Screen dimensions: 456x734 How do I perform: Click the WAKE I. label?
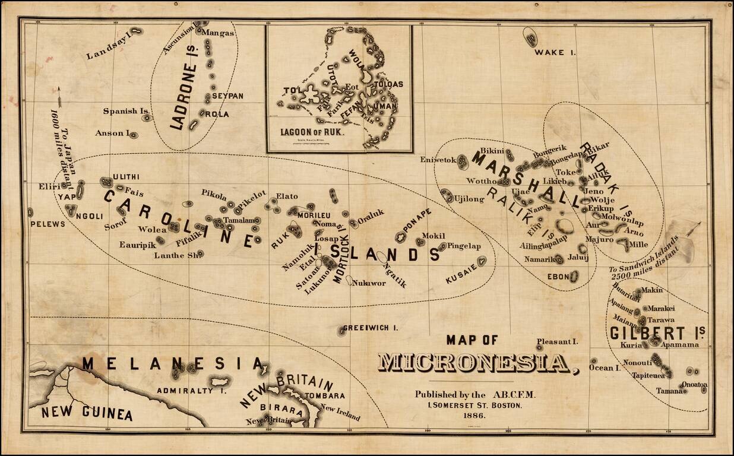click(x=555, y=53)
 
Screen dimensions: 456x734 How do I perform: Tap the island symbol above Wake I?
click(x=530, y=37)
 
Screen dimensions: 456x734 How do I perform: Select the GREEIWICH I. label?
click(x=371, y=328)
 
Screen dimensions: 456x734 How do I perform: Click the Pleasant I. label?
click(x=557, y=341)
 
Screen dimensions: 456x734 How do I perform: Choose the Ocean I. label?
click(x=604, y=368)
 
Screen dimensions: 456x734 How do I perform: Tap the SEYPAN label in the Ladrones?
click(x=227, y=96)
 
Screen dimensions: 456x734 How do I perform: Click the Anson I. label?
click(x=112, y=134)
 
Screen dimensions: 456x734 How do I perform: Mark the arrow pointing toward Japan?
click(x=59, y=95)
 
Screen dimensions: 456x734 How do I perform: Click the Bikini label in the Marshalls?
click(x=491, y=151)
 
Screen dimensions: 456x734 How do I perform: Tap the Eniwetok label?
click(x=438, y=160)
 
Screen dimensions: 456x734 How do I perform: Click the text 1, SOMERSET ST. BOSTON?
click(x=474, y=406)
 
